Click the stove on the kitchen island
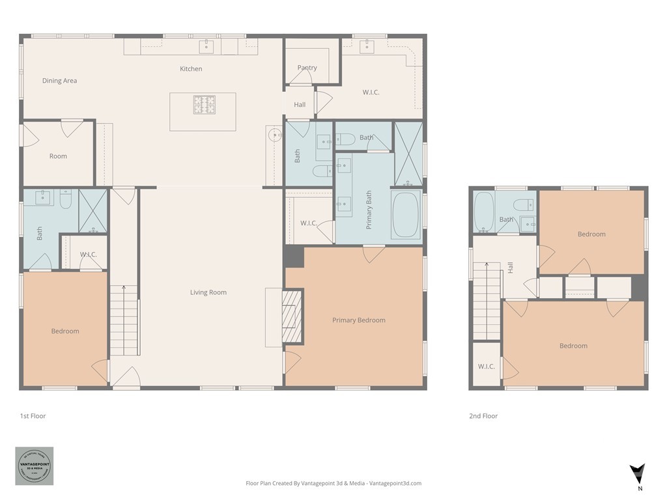coord(204,105)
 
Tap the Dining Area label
coord(60,81)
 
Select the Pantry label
coord(307,68)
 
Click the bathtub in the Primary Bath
coord(406,215)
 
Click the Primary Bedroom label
coord(358,320)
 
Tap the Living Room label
coord(208,292)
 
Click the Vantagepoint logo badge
coord(35,466)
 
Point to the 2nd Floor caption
coord(483,416)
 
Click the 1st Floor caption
coord(33,416)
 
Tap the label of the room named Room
coord(58,156)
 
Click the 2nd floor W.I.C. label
coord(486,367)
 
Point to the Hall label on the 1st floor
coord(300,105)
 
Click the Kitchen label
coord(191,69)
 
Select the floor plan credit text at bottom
coord(333,483)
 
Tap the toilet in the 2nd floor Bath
coord(523,205)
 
